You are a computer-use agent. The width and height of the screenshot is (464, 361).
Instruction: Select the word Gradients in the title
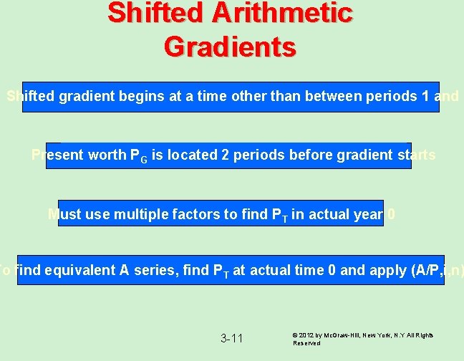[x=229, y=47]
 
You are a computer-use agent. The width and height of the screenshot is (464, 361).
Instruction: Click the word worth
[x=105, y=155]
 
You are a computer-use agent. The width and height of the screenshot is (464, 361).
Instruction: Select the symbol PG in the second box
[x=137, y=155]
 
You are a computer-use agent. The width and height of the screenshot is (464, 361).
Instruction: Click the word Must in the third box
[x=64, y=214]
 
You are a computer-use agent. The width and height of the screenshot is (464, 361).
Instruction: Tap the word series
[x=148, y=270]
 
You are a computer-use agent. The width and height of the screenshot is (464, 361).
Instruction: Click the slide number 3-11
[x=231, y=338]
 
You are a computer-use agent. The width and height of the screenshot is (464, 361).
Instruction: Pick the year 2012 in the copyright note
[x=309, y=335]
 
